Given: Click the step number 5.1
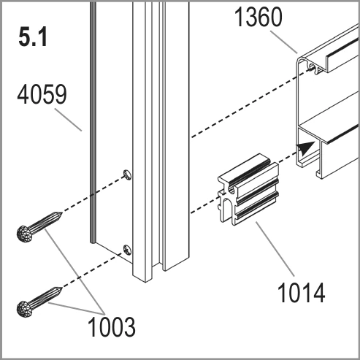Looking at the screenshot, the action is pyautogui.click(x=33, y=37).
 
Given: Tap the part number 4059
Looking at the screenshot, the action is pyautogui.click(x=42, y=94).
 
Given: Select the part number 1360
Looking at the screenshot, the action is pyautogui.click(x=258, y=17).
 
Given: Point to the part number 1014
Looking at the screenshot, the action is pyautogui.click(x=301, y=292).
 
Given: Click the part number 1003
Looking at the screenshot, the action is pyautogui.click(x=112, y=326).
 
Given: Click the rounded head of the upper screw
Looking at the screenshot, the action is pyautogui.click(x=25, y=234).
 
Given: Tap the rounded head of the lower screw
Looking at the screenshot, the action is pyautogui.click(x=25, y=309).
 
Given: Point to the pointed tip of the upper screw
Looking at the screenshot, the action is pyautogui.click(x=62, y=213).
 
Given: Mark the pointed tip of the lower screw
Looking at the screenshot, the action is pyautogui.click(x=62, y=288).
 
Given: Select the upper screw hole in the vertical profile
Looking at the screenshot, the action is pyautogui.click(x=127, y=175).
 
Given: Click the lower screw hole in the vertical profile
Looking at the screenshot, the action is pyautogui.click(x=127, y=250).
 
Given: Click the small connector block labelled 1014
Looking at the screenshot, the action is pyautogui.click(x=248, y=189).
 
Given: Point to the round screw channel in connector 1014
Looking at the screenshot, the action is pyautogui.click(x=231, y=191).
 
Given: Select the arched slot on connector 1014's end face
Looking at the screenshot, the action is pyautogui.click(x=228, y=209).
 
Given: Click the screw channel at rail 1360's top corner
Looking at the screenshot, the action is pyautogui.click(x=311, y=66).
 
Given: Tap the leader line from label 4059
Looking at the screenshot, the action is pyautogui.click(x=68, y=120).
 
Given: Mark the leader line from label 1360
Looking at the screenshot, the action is pyautogui.click(x=284, y=42).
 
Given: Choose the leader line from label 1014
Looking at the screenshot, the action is pyautogui.click(x=275, y=248).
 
